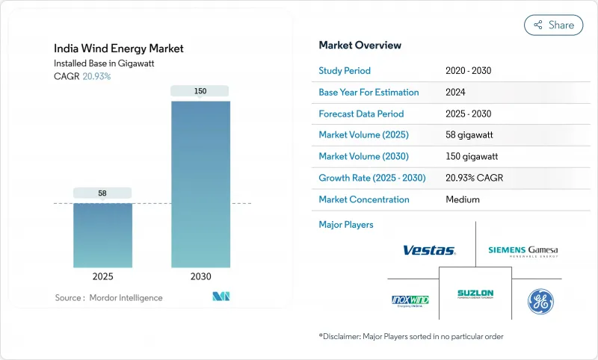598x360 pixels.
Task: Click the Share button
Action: coord(553,25)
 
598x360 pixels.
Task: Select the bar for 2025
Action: coord(102,235)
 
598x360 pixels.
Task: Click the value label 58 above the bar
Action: coord(102,193)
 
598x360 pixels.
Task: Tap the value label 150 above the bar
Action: coord(200,91)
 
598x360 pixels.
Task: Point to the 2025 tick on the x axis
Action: coord(102,276)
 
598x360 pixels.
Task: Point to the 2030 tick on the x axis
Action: coord(200,276)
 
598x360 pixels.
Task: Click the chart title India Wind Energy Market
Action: coord(120,49)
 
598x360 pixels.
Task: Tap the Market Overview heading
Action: coord(360,46)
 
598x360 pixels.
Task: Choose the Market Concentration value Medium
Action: coord(462,199)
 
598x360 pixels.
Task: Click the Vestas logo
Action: coord(429,250)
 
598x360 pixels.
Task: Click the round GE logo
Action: coord(541,300)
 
